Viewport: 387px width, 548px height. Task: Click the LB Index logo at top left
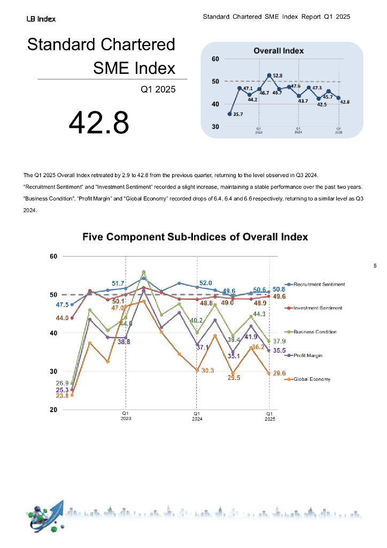(x=41, y=19)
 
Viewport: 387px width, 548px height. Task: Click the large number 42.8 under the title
(x=99, y=121)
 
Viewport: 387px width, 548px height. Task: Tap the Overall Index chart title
(x=278, y=51)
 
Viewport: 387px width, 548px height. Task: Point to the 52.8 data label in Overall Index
(x=277, y=76)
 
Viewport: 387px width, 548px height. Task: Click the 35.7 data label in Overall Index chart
(x=238, y=114)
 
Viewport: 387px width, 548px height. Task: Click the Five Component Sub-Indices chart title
(x=195, y=237)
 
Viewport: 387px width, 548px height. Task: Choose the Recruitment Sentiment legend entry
(x=319, y=284)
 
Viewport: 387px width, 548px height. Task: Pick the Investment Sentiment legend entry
(x=318, y=308)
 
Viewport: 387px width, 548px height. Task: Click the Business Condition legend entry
(x=315, y=332)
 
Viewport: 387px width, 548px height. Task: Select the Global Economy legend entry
(x=312, y=379)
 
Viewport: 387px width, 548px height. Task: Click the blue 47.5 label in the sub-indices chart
(x=63, y=305)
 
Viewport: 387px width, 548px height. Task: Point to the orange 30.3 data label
(x=208, y=370)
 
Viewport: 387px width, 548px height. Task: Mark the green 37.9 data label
(x=279, y=341)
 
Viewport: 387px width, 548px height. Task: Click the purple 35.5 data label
(x=279, y=351)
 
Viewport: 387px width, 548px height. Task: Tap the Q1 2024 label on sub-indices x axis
(x=197, y=416)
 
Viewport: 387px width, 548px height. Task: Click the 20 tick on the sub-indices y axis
(x=53, y=410)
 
